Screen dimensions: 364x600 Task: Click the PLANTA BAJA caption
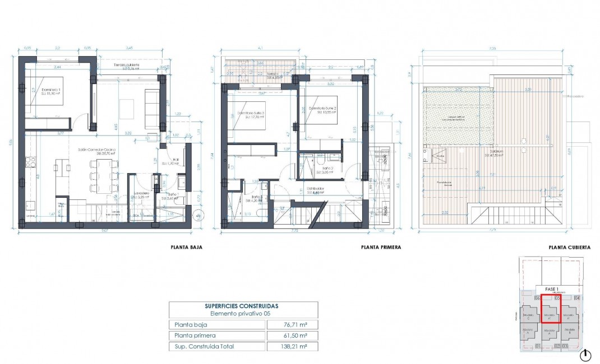(186, 246)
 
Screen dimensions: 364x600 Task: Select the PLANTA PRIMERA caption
(381, 246)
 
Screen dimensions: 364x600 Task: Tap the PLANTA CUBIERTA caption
(569, 246)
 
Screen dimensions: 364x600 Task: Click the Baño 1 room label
(170, 194)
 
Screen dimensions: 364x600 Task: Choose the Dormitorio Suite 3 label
(251, 114)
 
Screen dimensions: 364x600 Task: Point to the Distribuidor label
(315, 189)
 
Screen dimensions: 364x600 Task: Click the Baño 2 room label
(327, 169)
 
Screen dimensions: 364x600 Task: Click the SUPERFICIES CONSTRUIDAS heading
(243, 306)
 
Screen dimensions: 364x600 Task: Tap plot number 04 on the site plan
(577, 298)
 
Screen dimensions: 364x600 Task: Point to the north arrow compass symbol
(586, 354)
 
